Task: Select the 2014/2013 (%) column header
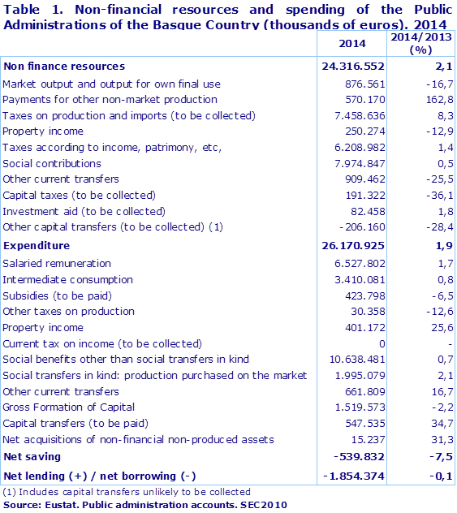tap(420, 44)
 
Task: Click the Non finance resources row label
tap(64, 66)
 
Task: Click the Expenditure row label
tap(37, 245)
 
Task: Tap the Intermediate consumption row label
tap(67, 279)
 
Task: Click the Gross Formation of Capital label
tap(68, 407)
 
